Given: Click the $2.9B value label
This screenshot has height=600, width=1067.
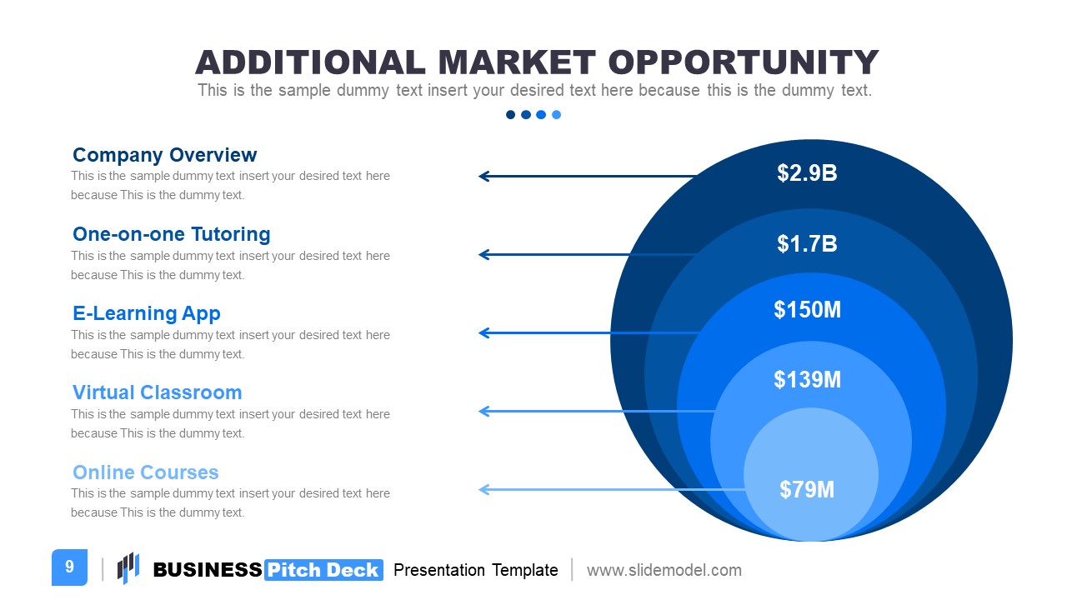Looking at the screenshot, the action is click(807, 172).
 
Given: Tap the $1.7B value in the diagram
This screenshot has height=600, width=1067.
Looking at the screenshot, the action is click(807, 244).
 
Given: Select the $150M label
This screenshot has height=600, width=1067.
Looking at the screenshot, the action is click(808, 309).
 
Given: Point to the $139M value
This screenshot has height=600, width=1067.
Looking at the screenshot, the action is click(808, 379).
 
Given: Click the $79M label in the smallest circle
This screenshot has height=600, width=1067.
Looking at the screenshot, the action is click(807, 489).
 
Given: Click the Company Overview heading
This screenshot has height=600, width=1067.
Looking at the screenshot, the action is click(165, 155).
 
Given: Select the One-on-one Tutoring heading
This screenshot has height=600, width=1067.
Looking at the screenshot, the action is click(172, 234).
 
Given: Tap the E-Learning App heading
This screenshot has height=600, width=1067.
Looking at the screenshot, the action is click(147, 313).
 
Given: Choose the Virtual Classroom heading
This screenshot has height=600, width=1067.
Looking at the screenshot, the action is click(158, 392).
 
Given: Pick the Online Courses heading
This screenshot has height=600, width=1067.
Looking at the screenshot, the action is click(146, 472).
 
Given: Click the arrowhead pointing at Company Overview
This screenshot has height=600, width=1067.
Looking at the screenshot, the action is click(484, 176).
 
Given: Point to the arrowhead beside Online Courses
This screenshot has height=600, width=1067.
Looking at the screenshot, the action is click(484, 489).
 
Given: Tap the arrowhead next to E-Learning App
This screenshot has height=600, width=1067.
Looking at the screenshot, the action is click(484, 332).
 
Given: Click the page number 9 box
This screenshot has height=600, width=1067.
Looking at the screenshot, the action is click(69, 567).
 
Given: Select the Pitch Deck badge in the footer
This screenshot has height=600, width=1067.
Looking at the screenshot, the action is click(323, 570).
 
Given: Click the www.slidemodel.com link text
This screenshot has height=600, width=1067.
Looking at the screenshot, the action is click(664, 570).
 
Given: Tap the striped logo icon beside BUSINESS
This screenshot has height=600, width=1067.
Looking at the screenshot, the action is click(128, 567).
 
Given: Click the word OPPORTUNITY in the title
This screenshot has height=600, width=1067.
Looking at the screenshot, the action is click(744, 62).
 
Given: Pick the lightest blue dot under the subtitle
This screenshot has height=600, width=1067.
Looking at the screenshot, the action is click(556, 115).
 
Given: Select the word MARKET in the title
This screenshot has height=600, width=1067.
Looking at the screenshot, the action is click(517, 62).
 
